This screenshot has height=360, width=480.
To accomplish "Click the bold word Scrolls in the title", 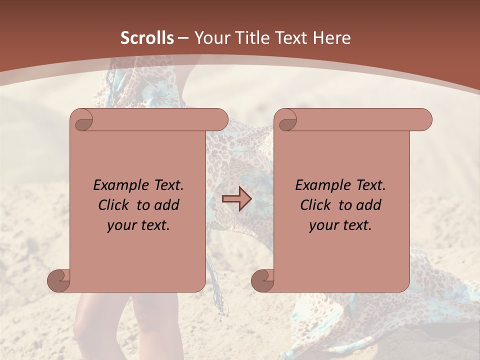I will [147, 38].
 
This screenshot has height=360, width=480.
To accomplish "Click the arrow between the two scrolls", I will [236, 199].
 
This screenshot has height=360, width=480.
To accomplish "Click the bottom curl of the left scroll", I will [59, 281].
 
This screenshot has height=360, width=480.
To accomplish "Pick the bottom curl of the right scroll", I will [262, 281].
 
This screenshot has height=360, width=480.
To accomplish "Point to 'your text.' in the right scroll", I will [340, 225].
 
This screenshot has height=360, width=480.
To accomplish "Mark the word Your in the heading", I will [212, 38].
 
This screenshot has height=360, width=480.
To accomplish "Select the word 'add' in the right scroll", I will [369, 205].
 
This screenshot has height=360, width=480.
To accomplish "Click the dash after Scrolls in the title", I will [183, 38].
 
